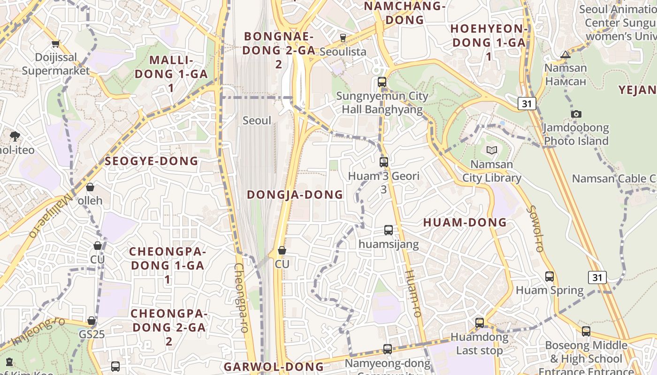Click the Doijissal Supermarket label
(55, 64)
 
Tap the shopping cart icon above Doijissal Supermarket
(55, 44)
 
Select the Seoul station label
(257, 120)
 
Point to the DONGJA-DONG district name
(295, 195)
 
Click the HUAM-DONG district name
(465, 223)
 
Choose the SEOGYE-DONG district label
(151, 161)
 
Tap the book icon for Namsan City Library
(491, 150)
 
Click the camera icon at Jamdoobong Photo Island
(576, 114)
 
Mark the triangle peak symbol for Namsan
(565, 55)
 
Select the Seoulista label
(343, 52)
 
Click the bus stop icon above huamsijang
(389, 230)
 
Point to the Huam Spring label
(550, 290)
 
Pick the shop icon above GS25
(92, 321)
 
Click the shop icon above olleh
(90, 187)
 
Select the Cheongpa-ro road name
(241, 298)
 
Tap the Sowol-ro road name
(535, 229)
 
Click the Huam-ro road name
(413, 293)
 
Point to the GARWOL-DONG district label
(274, 367)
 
